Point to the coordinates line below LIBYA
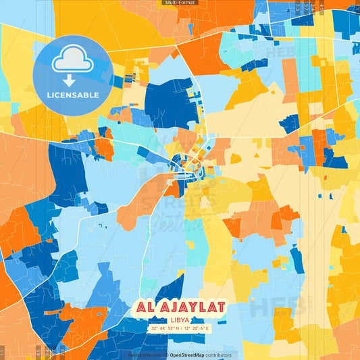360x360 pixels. coord(180,329)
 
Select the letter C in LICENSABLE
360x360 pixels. coord(59,94)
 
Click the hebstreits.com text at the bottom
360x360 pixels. coord(143,355)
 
